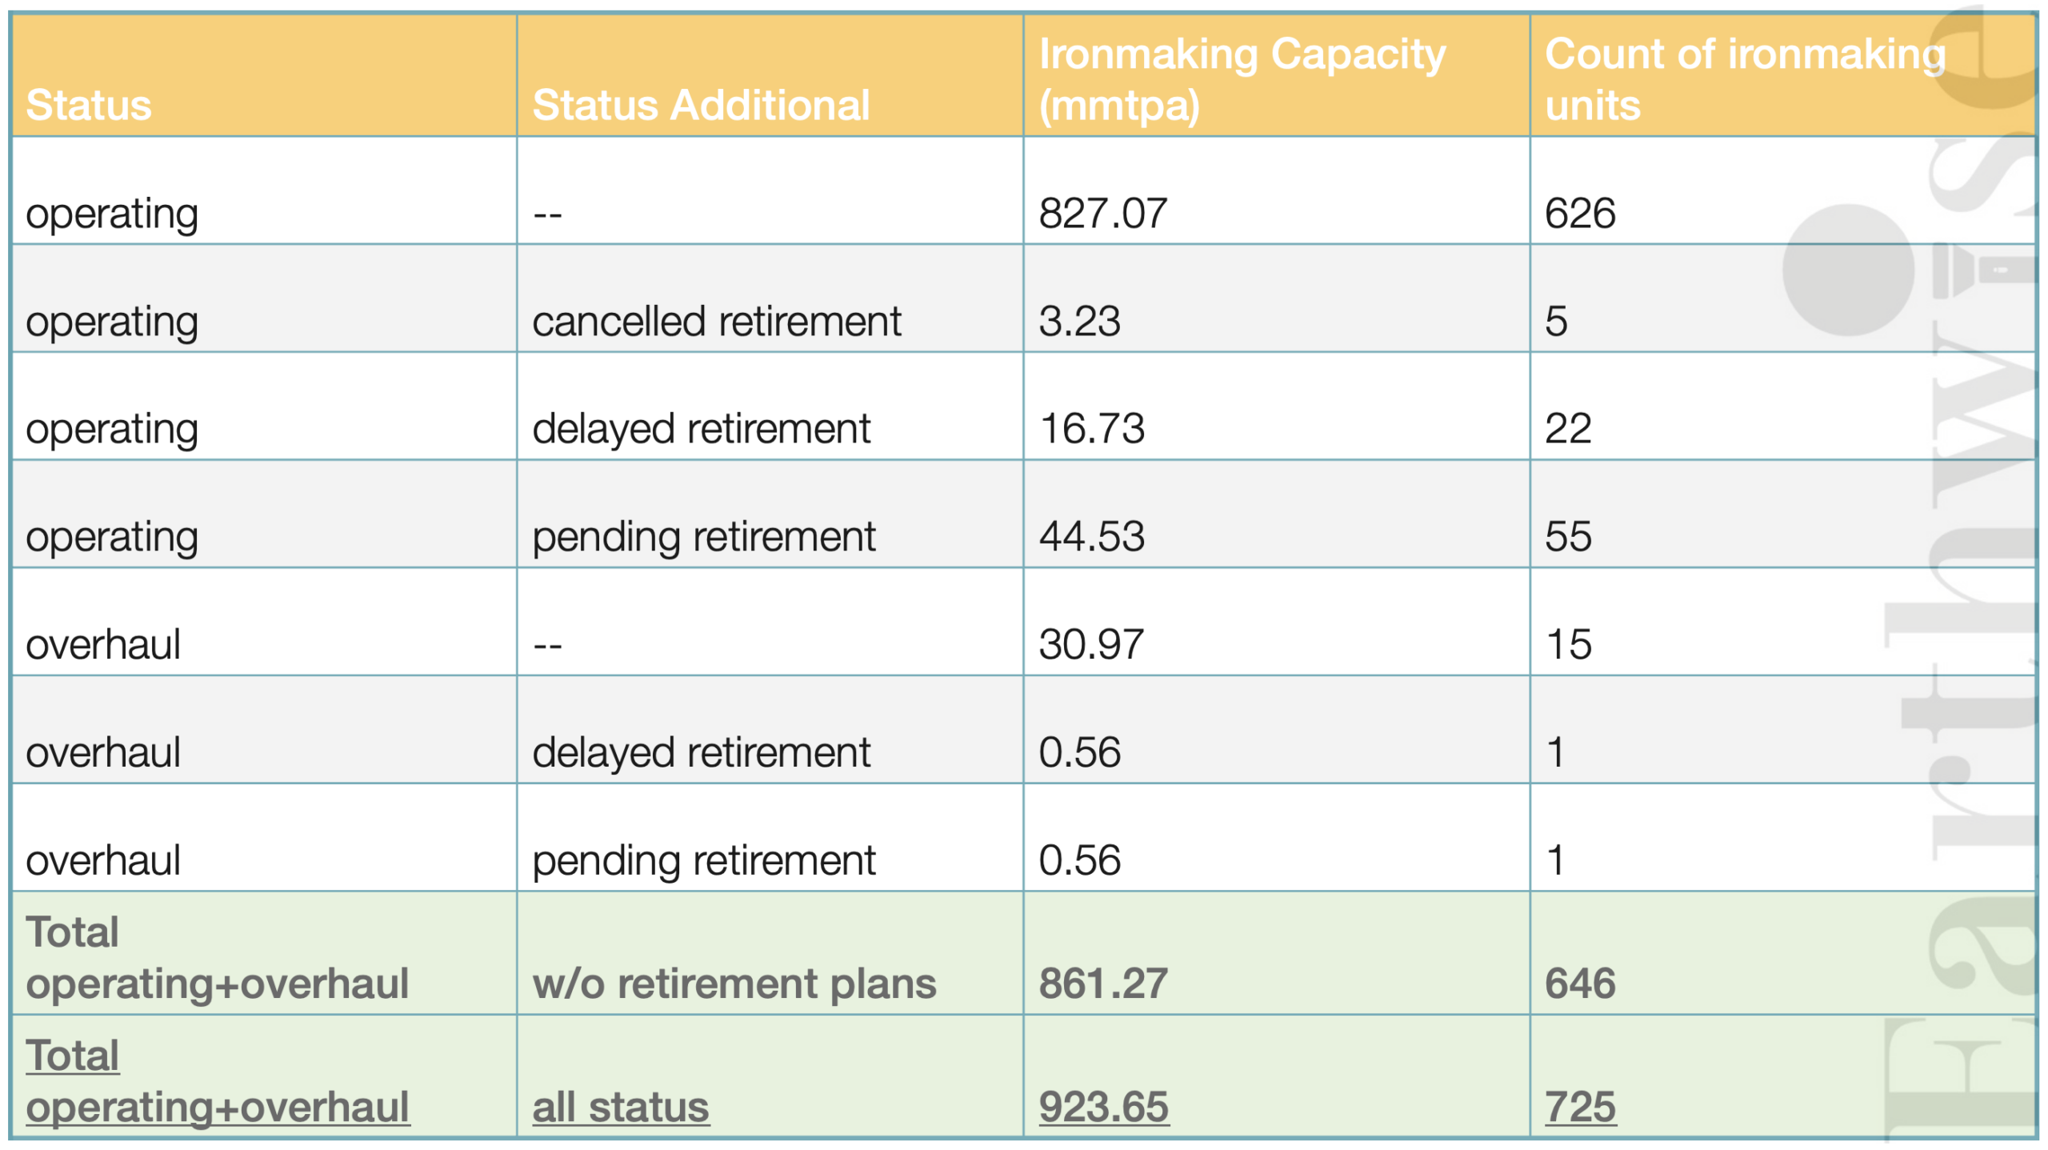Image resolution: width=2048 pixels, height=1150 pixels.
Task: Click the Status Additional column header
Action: (701, 105)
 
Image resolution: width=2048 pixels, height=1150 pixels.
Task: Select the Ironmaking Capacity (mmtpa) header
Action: (1242, 79)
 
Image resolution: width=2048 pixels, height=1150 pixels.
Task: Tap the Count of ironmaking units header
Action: (1745, 79)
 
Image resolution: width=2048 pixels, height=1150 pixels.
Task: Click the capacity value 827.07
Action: (1103, 213)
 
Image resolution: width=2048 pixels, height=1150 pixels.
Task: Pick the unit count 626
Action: (1580, 213)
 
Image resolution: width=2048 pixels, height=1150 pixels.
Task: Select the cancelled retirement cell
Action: (717, 321)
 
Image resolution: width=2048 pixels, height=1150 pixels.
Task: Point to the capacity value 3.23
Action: (1080, 321)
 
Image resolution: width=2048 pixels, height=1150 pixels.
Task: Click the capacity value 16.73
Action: (1092, 428)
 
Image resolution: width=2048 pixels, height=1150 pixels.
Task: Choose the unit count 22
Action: (1568, 428)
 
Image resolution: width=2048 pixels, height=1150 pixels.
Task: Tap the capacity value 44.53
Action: (1092, 536)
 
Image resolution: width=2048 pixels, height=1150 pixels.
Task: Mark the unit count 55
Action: (1568, 536)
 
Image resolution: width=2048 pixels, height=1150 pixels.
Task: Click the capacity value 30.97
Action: (1091, 644)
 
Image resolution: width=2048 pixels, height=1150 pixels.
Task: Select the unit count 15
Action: (1569, 644)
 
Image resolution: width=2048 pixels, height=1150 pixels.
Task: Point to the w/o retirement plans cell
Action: (734, 984)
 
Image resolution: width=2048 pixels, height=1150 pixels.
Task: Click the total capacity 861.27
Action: (1103, 984)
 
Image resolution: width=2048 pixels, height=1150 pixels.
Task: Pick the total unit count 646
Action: (1580, 984)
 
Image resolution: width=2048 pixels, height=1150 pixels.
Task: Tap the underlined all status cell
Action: (621, 1107)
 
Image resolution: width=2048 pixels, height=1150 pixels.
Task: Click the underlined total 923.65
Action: (1104, 1107)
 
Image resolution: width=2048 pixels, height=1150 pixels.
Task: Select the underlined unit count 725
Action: (1580, 1107)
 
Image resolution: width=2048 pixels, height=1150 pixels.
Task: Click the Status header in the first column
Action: (89, 105)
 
